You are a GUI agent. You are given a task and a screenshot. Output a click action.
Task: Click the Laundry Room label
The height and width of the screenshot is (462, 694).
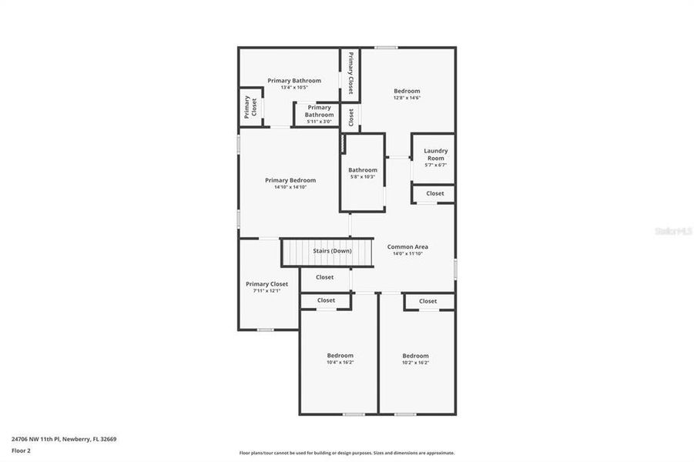(435, 154)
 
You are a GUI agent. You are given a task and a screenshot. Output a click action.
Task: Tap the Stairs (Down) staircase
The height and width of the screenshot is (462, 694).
(327, 252)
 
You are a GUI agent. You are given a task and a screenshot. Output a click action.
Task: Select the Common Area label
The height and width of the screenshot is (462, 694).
(407, 246)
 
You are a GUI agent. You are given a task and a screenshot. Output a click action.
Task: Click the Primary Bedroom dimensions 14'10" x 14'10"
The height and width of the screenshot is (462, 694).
(290, 187)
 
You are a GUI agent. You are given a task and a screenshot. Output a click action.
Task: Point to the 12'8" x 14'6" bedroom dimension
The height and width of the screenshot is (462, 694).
(407, 98)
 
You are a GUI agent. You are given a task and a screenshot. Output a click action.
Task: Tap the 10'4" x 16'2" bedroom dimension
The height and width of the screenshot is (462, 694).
(340, 362)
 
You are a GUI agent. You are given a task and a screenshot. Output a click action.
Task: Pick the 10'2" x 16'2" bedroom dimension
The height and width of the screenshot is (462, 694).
(415, 362)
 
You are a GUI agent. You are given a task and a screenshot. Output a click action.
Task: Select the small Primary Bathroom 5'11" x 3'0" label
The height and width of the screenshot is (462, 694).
(319, 111)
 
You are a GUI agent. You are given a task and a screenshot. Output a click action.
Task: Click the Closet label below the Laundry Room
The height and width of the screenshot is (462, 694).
(435, 193)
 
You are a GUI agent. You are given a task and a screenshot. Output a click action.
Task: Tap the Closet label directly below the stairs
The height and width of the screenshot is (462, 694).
(325, 277)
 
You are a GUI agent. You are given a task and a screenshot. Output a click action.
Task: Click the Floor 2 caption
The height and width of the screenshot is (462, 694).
(20, 450)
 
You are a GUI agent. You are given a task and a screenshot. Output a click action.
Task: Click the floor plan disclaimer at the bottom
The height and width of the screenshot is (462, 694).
(347, 453)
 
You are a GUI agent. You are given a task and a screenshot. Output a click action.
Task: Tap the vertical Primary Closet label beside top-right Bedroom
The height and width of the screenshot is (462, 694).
(350, 72)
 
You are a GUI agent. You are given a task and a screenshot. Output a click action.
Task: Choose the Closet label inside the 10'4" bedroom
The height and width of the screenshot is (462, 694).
(327, 300)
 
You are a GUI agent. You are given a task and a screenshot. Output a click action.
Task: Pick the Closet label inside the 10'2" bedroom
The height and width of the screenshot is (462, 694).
(428, 301)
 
